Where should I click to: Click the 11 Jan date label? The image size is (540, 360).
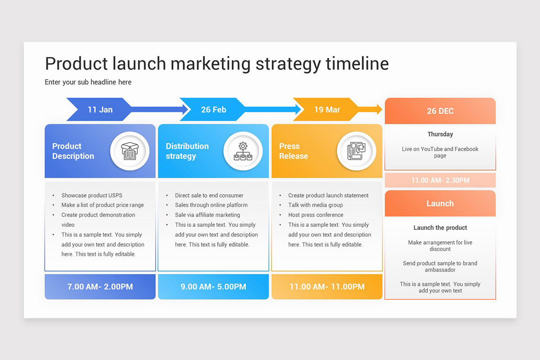point(100,109)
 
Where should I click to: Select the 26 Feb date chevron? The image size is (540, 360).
point(213,109)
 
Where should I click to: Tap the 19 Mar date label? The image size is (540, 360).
point(327,109)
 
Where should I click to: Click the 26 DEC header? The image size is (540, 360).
point(440,111)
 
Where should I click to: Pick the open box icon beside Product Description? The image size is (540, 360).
point(130,151)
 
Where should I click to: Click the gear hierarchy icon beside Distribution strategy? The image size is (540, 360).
point(243,151)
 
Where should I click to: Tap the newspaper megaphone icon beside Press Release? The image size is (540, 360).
point(356,151)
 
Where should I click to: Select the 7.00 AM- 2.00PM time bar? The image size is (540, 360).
point(100,287)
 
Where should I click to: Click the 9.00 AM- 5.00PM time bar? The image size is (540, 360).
point(213,287)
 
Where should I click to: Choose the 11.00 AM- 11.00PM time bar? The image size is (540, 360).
point(327,287)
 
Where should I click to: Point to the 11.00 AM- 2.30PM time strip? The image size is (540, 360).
point(440,180)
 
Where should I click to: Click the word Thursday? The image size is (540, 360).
point(440,134)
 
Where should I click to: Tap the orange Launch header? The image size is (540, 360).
point(440,203)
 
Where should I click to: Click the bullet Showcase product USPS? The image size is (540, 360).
point(92,195)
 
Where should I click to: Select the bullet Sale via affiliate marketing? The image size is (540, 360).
point(207,215)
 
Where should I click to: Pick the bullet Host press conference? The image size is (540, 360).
point(315,215)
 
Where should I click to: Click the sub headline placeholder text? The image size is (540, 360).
point(88,82)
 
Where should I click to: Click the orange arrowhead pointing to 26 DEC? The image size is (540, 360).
point(378,109)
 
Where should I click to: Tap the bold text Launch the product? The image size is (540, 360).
point(440,228)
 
